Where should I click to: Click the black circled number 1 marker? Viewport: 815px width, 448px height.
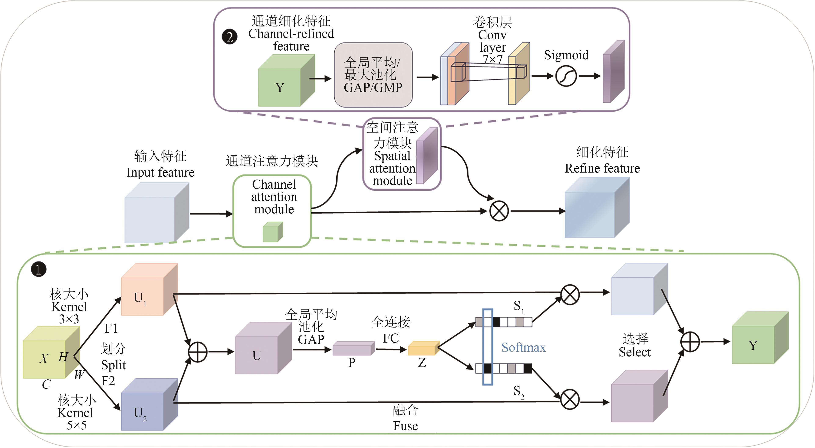point(39,270)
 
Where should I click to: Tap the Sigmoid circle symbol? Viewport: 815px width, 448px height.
point(566,76)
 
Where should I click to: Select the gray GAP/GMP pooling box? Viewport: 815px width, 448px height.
point(373,75)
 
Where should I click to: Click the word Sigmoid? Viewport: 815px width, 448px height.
point(566,55)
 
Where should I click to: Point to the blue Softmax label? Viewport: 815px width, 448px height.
point(523,347)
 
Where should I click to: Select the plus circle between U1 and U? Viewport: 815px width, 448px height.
point(198,352)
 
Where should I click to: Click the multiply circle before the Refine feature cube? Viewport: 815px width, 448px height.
point(499,211)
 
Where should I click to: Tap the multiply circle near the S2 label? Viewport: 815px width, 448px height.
point(570,399)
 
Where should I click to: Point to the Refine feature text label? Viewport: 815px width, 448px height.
point(602,168)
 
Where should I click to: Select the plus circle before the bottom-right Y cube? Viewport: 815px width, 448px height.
point(690,342)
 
